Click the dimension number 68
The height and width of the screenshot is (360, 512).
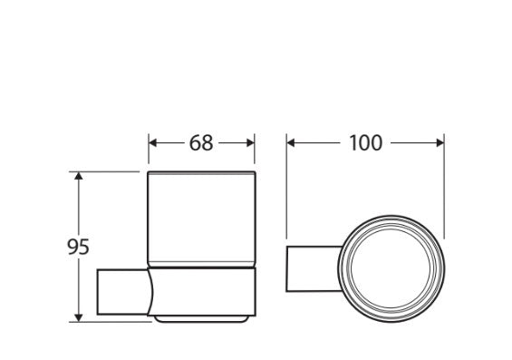[x=201, y=142]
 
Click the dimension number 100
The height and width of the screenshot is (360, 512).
[x=365, y=142]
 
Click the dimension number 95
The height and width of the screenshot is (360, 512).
[x=78, y=247]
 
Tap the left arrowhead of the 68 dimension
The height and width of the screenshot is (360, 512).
[x=153, y=142]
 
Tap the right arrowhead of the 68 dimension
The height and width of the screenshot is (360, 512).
[x=250, y=142]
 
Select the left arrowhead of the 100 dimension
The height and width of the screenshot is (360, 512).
[x=291, y=142]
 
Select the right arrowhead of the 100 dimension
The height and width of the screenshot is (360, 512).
[x=440, y=142]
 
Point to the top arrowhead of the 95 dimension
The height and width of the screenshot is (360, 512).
[x=78, y=176]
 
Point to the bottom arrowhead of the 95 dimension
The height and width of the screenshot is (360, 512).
[x=78, y=317]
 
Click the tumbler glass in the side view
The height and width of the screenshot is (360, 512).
[x=201, y=219]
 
